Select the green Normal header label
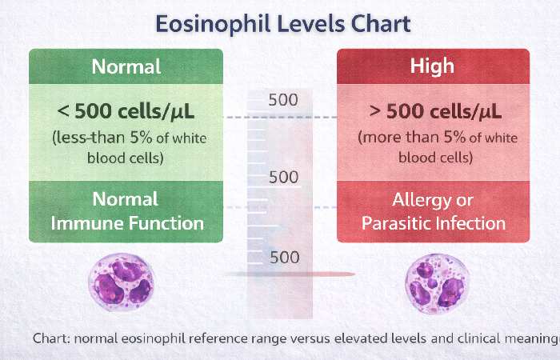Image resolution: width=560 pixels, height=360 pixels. (x=126, y=66)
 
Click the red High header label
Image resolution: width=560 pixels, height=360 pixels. (x=433, y=66)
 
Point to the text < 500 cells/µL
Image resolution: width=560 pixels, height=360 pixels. (x=127, y=110)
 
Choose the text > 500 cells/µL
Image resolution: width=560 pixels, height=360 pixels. (x=433, y=110)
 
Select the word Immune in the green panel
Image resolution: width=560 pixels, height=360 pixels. (x=83, y=222)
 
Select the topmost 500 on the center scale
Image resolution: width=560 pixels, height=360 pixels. (x=283, y=100)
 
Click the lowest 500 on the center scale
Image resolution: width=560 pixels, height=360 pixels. (x=283, y=257)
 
